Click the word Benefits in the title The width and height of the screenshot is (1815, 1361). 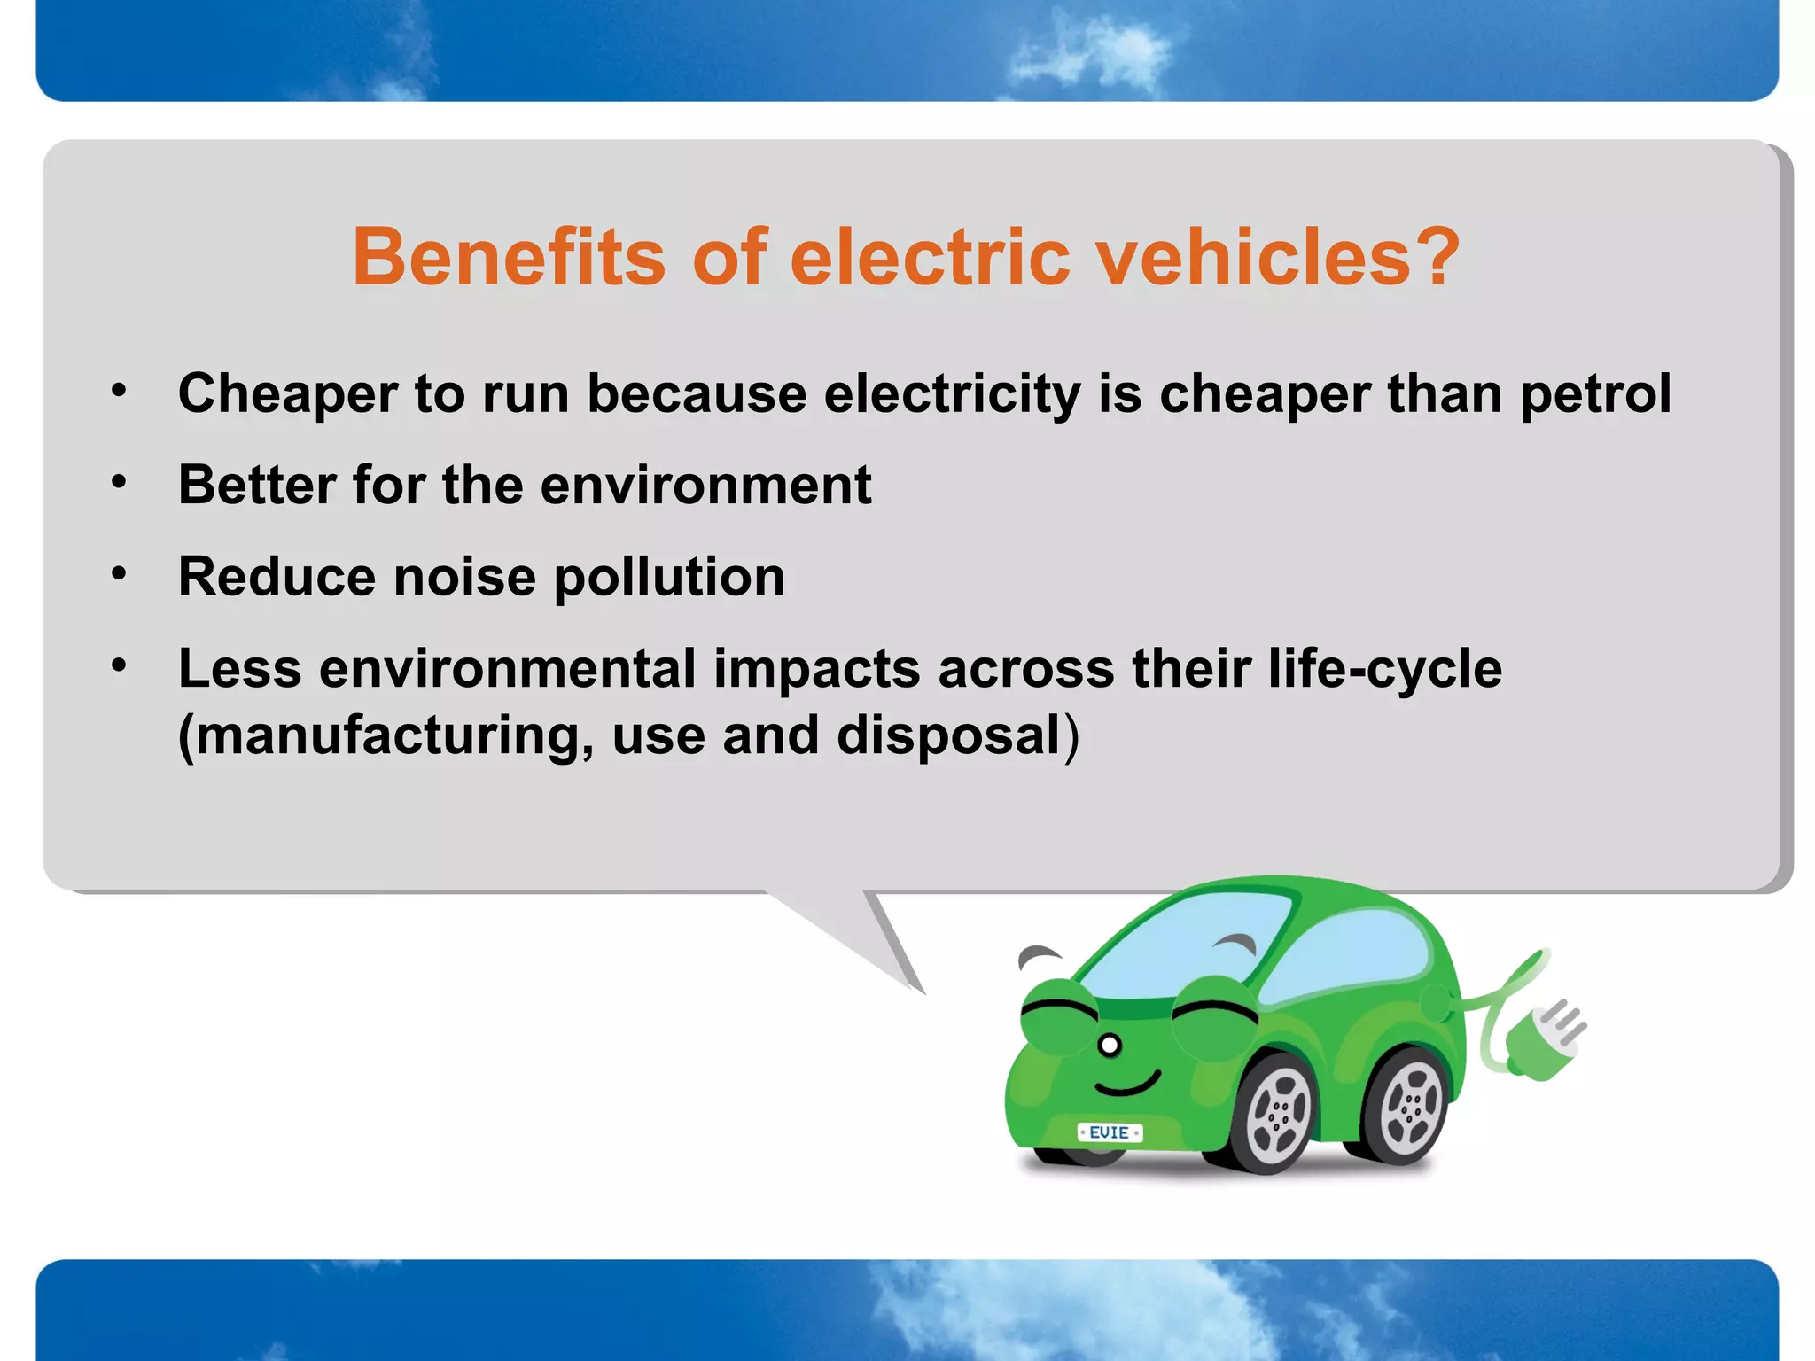pos(509,257)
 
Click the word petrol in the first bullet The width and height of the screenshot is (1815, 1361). pos(1595,394)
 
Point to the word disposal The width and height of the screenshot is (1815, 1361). pos(948,735)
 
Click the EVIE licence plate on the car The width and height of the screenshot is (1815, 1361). pos(1110,1132)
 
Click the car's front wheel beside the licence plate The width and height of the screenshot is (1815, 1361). pos(1277,1115)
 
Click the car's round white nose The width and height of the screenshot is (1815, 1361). pos(1110,1046)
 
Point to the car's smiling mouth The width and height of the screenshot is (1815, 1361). pos(1127,1085)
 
